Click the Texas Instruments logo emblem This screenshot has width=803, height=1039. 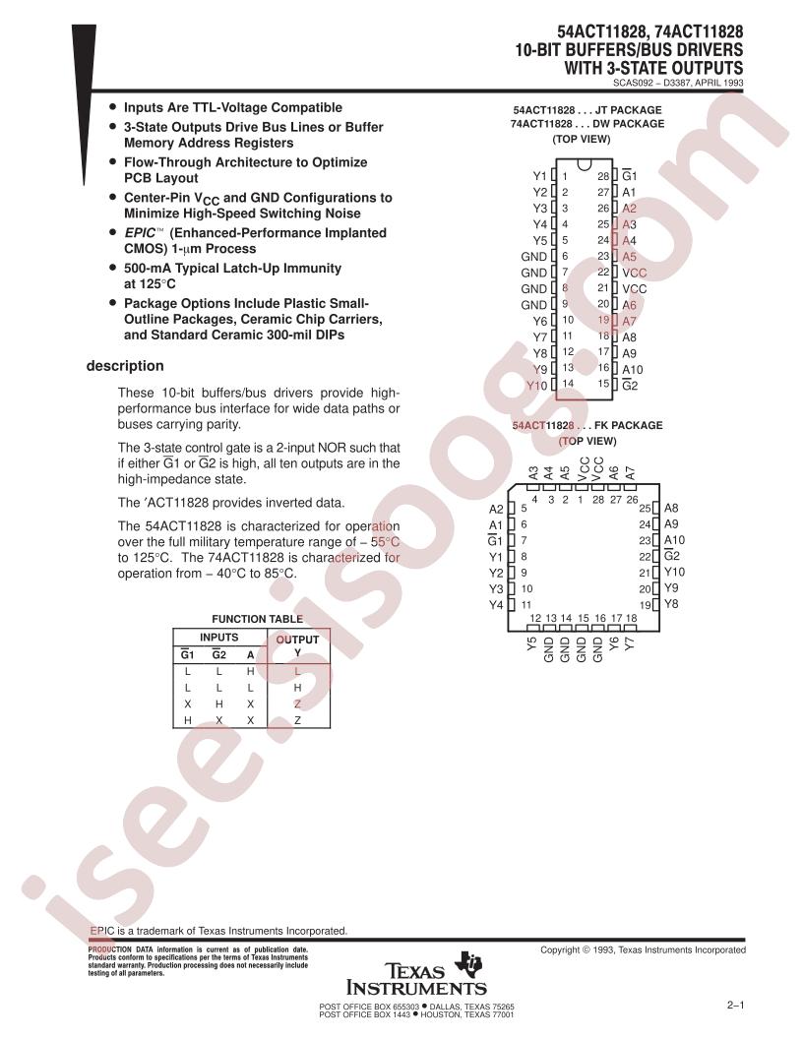pyautogui.click(x=471, y=963)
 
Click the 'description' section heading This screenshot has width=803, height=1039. pyautogui.click(x=125, y=366)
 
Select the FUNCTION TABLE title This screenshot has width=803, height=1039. pyautogui.click(x=257, y=619)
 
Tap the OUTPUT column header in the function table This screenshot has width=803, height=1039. pyautogui.click(x=297, y=640)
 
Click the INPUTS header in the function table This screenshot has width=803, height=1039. pyautogui.click(x=218, y=637)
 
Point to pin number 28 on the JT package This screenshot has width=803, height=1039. pyautogui.click(x=603, y=176)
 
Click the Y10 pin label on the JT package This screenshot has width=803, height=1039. pyautogui.click(x=537, y=386)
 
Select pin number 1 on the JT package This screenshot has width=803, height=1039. pyautogui.click(x=565, y=176)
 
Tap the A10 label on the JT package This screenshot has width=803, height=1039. pyautogui.click(x=633, y=370)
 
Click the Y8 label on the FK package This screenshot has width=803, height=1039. pyautogui.click(x=671, y=604)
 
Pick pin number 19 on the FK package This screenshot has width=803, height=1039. pyautogui.click(x=646, y=605)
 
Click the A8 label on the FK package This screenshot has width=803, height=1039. pyautogui.click(x=671, y=509)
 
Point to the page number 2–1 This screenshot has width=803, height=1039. pyautogui.click(x=735, y=1006)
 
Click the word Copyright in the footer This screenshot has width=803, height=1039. pyautogui.click(x=561, y=950)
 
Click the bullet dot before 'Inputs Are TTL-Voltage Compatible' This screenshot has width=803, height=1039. pyautogui.click(x=112, y=106)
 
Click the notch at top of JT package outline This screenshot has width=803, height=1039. pyautogui.click(x=584, y=163)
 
